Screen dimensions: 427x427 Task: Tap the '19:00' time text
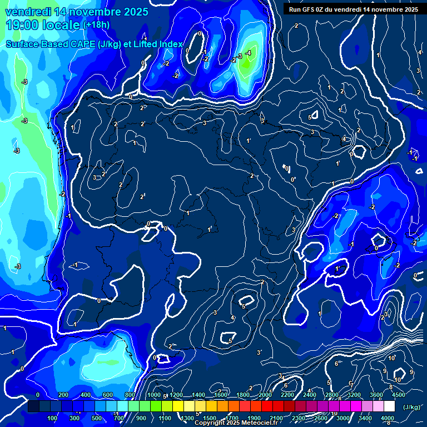[23, 24]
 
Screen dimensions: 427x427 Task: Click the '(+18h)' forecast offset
[96, 24]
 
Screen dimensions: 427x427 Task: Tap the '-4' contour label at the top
[248, 53]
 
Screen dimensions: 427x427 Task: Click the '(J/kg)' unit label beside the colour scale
[411, 408]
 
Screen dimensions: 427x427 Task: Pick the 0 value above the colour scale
[38, 395]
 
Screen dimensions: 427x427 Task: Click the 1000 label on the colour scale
[154, 395]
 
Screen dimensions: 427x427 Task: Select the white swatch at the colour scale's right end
[389, 407]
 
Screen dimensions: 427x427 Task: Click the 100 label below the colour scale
[52, 418]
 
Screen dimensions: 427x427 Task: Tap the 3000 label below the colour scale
[343, 418]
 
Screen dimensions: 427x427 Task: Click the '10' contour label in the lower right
[391, 358]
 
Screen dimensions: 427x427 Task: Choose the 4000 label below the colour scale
[388, 418]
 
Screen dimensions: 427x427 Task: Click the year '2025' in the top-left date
[135, 12]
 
